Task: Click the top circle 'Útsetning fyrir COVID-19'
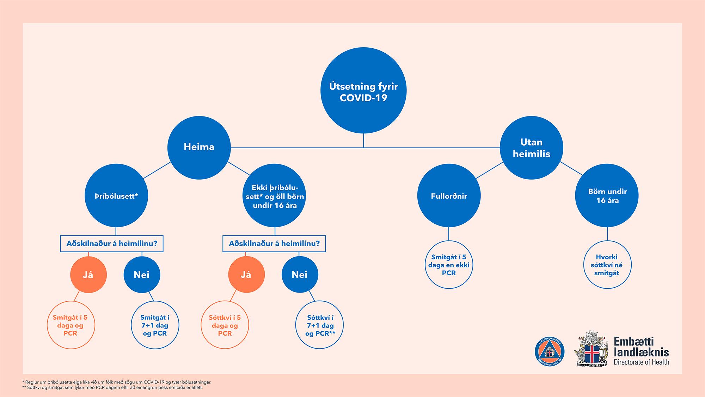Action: click(x=363, y=90)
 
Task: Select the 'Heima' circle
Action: click(x=199, y=147)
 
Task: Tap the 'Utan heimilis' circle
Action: click(x=532, y=148)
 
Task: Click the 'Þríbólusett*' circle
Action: click(x=116, y=196)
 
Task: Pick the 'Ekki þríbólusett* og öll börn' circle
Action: click(x=275, y=196)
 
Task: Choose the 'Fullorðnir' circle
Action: click(x=449, y=196)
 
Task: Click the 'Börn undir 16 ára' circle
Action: click(x=607, y=196)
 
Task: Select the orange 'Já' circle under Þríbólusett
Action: click(x=88, y=275)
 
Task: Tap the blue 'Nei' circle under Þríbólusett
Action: click(x=142, y=275)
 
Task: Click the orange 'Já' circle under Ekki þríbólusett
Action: click(x=246, y=275)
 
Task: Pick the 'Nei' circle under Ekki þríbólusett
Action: click(x=300, y=275)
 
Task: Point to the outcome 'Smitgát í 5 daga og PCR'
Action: click(x=70, y=325)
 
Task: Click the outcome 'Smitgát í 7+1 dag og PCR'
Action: click(x=155, y=325)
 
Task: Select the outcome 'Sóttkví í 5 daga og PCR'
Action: click(x=225, y=325)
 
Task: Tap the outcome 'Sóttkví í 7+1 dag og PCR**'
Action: click(x=319, y=325)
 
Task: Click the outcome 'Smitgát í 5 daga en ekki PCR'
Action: click(x=449, y=265)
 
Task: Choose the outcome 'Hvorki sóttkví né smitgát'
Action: click(x=607, y=265)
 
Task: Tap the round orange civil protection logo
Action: click(x=550, y=352)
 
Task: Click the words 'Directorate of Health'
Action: click(x=641, y=362)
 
